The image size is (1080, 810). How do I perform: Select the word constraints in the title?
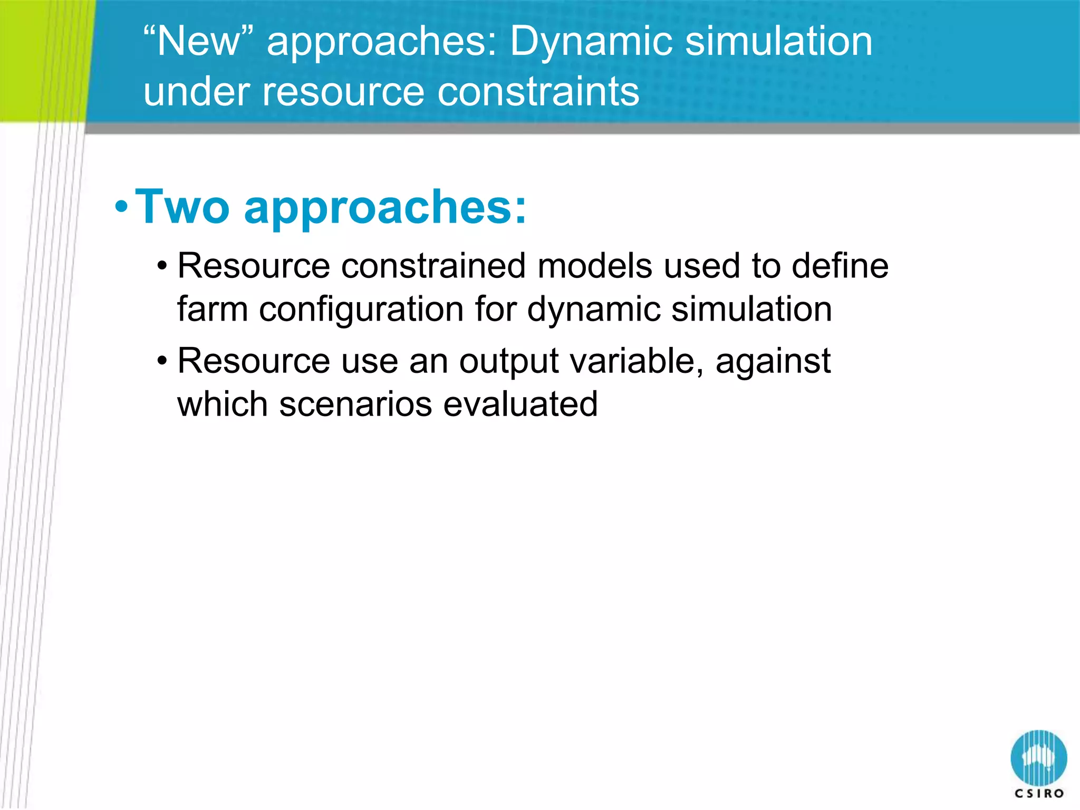point(538,91)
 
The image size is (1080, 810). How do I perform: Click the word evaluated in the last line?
point(520,404)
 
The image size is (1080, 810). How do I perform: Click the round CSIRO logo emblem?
point(1038,757)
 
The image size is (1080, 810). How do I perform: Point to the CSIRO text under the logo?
point(1039,793)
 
